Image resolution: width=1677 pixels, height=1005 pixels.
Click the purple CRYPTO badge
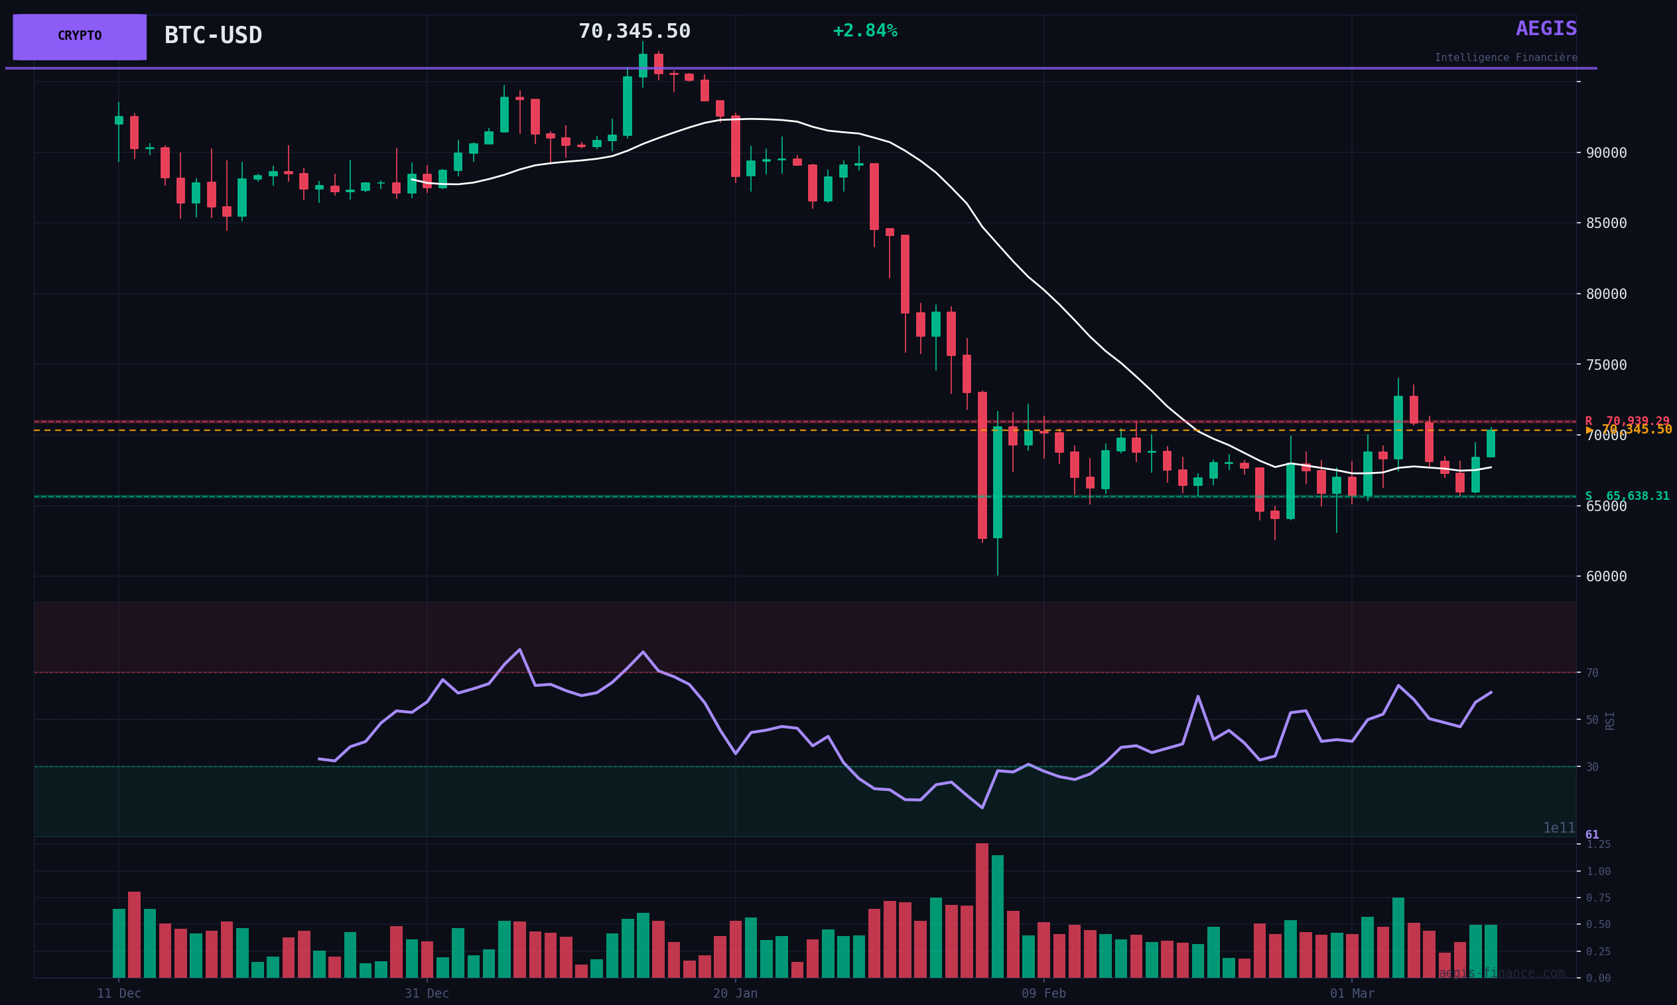pos(80,36)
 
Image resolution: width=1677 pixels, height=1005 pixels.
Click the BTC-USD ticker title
pos(213,36)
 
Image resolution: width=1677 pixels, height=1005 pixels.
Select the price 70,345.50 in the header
pos(634,32)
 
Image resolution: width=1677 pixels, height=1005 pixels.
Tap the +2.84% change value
pos(864,31)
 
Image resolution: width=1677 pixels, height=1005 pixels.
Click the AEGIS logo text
pos(1546,29)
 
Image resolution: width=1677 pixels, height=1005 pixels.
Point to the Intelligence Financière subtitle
pos(1505,58)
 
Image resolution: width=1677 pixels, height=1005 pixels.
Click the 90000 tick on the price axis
pos(1606,153)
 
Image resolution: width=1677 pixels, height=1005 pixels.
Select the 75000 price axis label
pos(1606,365)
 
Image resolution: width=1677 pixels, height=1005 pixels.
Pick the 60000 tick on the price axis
pos(1606,577)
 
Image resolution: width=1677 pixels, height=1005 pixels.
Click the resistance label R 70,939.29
pos(1626,421)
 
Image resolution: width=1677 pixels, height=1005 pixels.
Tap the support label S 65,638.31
pos(1626,497)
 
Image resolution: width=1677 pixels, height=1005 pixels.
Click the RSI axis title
pos(1609,721)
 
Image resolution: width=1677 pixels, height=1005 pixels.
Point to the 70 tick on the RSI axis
pos(1591,673)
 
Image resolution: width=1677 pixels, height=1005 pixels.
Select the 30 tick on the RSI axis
pos(1591,767)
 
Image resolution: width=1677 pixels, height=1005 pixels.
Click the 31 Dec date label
pos(427,994)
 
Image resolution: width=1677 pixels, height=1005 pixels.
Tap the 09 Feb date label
pos(1043,994)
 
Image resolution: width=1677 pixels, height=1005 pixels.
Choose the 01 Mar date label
pos(1352,994)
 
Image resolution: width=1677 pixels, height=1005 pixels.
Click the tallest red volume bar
pos(982,911)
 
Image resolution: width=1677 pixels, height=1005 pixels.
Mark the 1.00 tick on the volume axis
pos(1597,872)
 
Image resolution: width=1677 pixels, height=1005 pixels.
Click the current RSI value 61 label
pos(1591,835)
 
